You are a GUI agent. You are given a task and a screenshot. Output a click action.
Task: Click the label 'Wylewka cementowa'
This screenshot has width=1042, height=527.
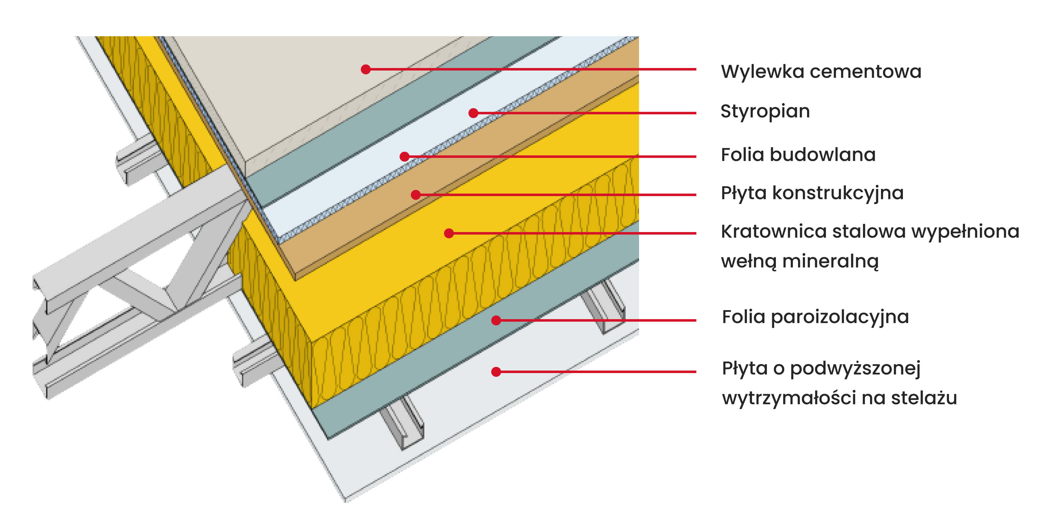821,72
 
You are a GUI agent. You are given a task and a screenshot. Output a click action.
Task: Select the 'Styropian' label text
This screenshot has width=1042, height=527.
765,111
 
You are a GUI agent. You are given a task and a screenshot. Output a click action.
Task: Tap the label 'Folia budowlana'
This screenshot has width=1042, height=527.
798,155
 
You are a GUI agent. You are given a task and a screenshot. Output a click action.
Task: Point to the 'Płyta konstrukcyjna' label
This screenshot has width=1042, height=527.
812,193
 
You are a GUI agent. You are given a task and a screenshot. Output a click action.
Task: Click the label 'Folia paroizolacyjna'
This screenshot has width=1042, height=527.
815,317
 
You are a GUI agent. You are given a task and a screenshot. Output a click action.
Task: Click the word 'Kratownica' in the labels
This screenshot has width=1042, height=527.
773,232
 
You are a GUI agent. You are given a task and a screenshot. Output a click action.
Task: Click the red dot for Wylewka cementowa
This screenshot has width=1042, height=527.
366,69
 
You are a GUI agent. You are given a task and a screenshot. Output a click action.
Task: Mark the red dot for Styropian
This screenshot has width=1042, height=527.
473,113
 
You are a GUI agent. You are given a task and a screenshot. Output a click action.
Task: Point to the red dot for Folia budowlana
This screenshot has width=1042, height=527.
404,156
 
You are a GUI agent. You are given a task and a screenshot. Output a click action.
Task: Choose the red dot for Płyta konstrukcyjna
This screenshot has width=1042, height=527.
415,195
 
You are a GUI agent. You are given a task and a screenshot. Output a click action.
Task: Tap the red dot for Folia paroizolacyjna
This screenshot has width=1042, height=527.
496,320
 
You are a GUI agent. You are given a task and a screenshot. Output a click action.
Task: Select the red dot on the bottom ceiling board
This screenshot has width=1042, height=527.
496,372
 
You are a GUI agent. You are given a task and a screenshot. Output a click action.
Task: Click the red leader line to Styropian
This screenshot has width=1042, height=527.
586,113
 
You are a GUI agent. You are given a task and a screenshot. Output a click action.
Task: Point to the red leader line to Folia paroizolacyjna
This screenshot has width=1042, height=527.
599,320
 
